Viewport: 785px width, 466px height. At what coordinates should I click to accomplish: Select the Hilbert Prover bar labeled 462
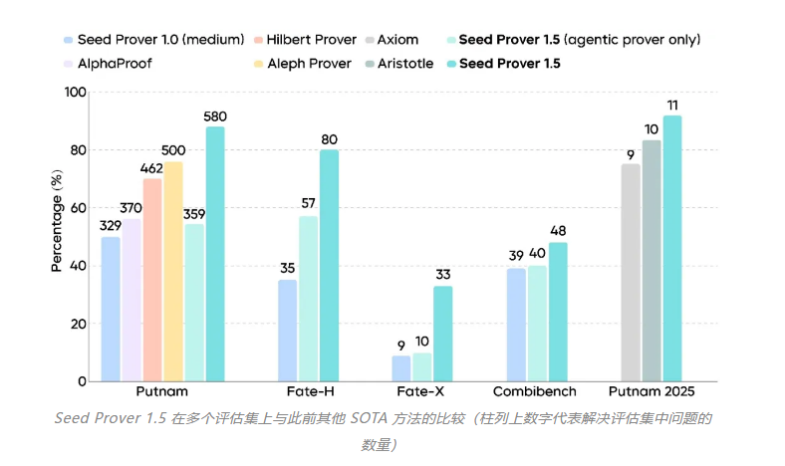click(152, 280)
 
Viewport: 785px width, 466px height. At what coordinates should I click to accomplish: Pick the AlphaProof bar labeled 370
click(131, 300)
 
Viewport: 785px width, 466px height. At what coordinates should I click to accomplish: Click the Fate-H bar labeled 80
click(329, 265)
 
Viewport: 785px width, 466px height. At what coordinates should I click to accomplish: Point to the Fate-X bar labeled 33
click(442, 334)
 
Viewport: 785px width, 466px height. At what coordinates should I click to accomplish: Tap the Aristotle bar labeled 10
click(652, 260)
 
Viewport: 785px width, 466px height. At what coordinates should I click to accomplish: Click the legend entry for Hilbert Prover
click(311, 39)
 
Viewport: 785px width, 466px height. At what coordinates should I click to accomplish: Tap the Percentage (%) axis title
click(57, 222)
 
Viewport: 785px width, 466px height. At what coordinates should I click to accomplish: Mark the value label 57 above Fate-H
click(309, 204)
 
